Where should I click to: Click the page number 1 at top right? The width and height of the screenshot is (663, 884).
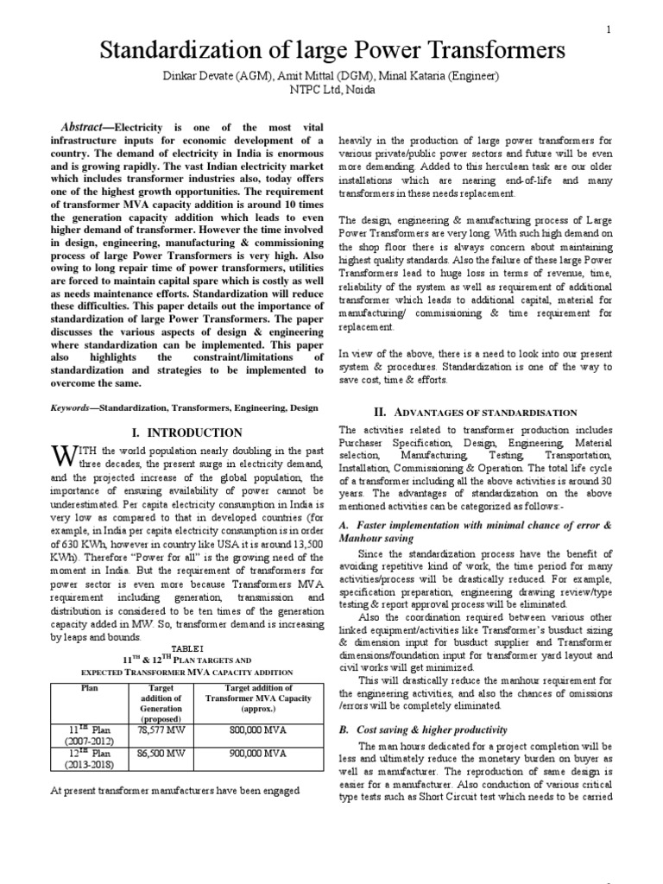[x=609, y=30]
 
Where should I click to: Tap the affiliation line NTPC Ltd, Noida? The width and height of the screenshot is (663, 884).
[x=331, y=92]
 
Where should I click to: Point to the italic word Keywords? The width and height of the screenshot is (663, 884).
[x=75, y=405]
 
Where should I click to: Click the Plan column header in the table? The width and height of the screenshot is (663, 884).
[x=90, y=687]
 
